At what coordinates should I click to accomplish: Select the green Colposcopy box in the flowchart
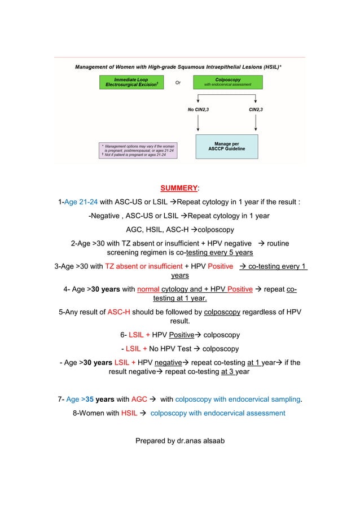[x=227, y=82]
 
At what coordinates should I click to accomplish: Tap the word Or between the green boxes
[x=178, y=82]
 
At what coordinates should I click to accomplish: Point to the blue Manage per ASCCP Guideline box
[x=226, y=146]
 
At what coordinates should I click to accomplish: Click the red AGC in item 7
[x=139, y=400]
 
